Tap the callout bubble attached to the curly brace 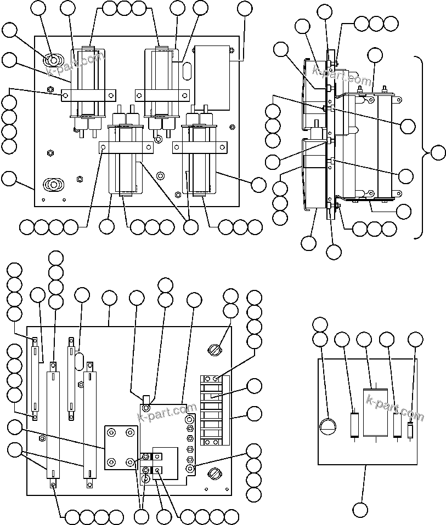(x=438, y=153)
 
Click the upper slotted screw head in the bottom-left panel (x=214, y=349)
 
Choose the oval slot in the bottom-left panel (x=79, y=362)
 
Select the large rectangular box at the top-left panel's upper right (x=212, y=77)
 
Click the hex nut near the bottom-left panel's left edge (x=42, y=438)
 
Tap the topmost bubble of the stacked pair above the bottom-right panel (x=320, y=324)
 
